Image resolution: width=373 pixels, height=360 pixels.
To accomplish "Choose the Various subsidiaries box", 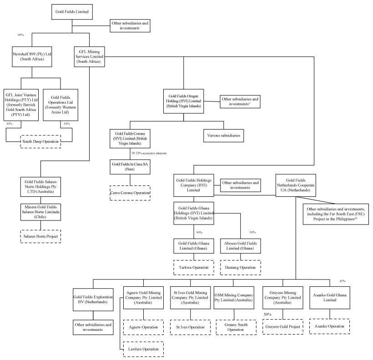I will [223, 135].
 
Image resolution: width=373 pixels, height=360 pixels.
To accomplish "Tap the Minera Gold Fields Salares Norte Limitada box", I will [40, 213].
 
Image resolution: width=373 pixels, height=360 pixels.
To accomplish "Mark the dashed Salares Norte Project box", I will [40, 236].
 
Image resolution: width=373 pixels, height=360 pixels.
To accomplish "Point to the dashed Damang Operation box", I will [241, 267].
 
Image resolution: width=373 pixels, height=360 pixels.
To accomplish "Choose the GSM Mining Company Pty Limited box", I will [234, 297].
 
